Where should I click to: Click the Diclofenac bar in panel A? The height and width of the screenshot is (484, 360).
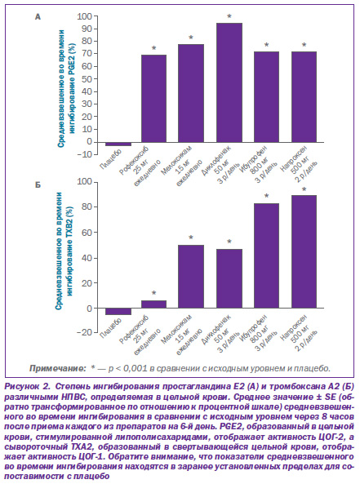pos(229,82)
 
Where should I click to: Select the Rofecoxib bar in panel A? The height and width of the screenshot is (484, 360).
pos(153,99)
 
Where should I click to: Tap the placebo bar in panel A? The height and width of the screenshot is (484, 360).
pos(118,144)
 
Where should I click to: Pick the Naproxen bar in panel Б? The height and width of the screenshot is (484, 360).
pos(304,251)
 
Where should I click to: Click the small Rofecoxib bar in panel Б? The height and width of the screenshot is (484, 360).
pos(153,304)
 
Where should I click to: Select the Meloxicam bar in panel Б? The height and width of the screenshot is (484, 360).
pos(191,277)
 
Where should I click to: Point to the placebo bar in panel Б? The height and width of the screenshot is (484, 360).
pos(118,311)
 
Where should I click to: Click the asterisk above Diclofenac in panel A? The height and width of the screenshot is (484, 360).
pos(229,16)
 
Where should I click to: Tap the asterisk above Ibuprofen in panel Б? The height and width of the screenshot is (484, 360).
pos(266,197)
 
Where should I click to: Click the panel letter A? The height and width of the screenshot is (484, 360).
pos(38,16)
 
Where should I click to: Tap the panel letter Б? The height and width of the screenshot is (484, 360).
pos(38,185)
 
